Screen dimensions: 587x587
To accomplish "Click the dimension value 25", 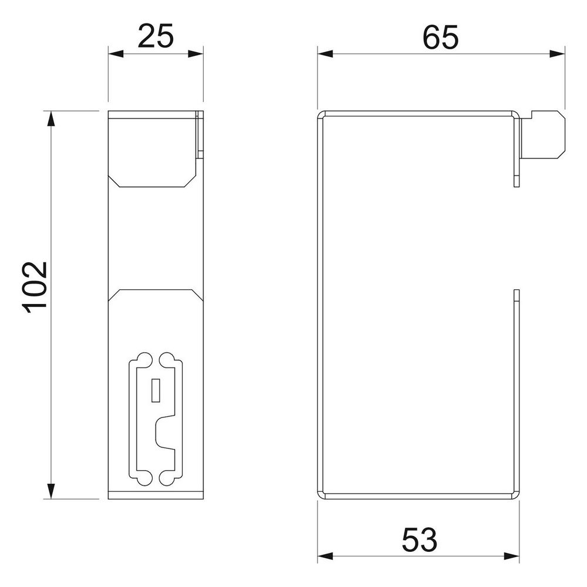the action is click(x=156, y=36).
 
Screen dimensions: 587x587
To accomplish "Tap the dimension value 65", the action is click(x=441, y=38).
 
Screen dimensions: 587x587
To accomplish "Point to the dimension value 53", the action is click(x=419, y=540).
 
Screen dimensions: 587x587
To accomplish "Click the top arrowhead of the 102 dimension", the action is click(x=51, y=119).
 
